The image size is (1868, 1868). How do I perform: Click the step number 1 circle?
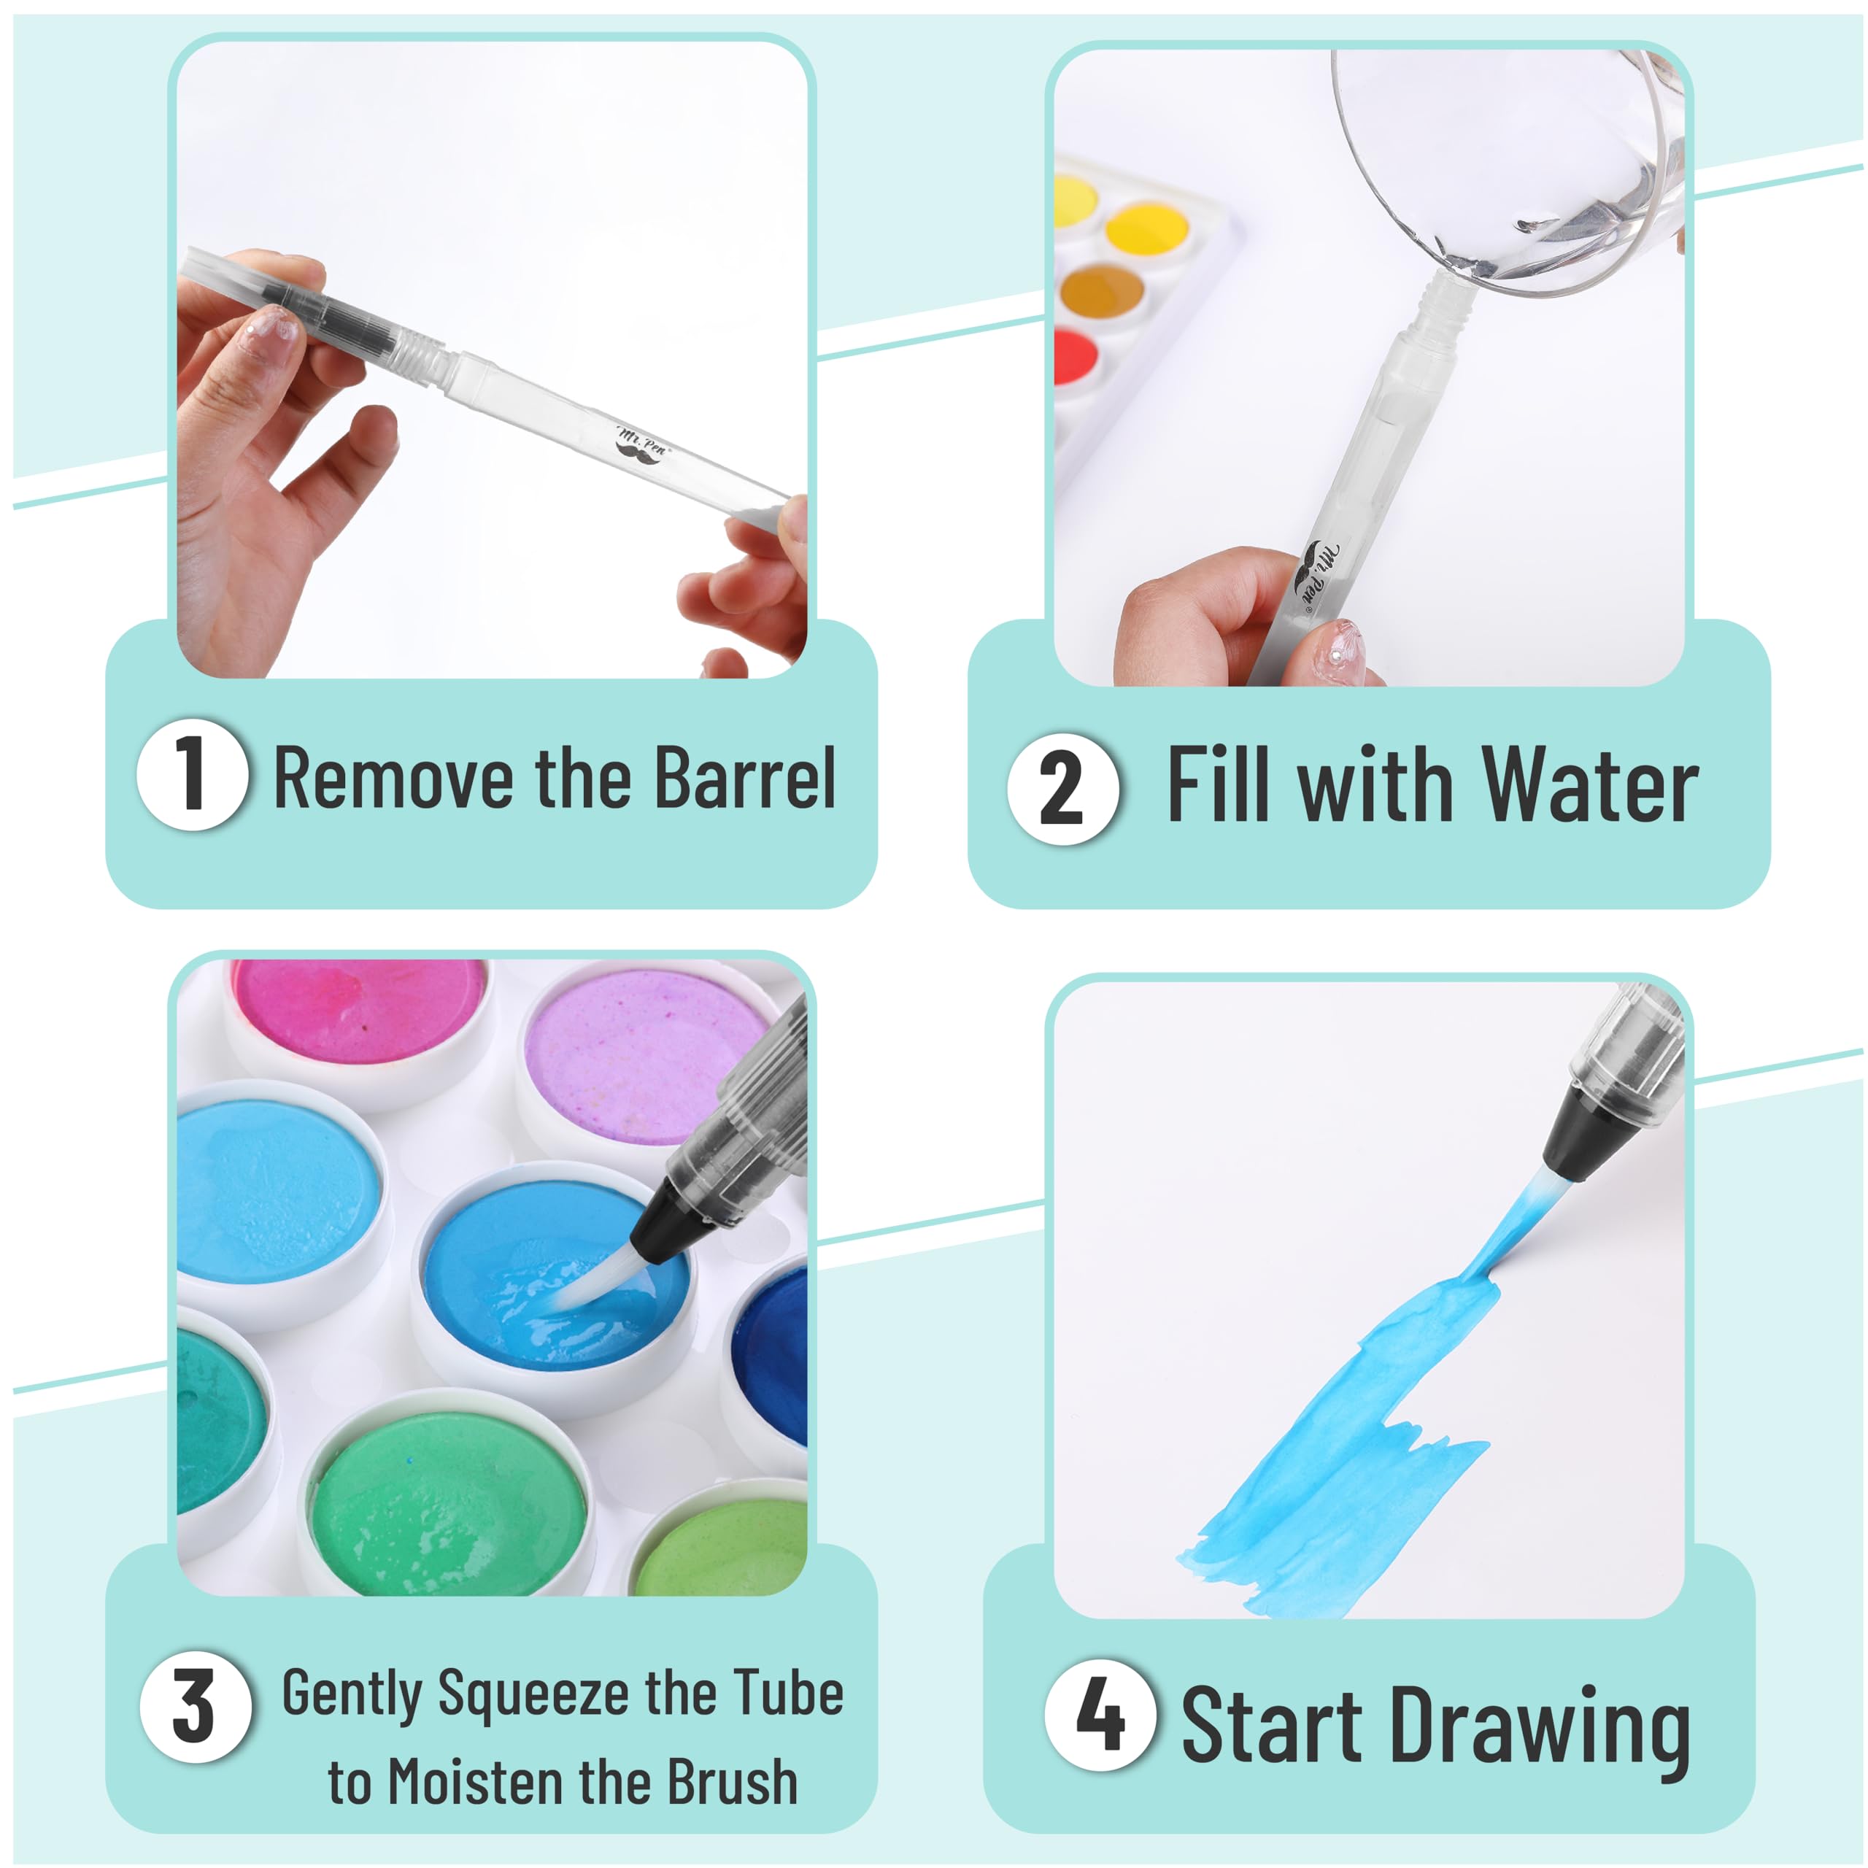pos(193,774)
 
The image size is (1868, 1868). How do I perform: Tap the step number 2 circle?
pos(1062,788)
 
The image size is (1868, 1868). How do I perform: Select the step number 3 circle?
pos(196,1707)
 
